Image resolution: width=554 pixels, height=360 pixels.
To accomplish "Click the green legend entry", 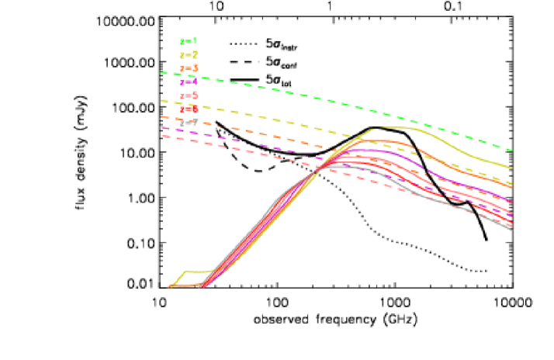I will tap(188, 42).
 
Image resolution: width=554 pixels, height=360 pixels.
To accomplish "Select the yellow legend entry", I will tap(188, 55).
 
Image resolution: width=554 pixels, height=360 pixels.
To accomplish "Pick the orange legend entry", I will tap(188, 68).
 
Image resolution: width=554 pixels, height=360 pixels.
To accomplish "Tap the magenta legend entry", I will tap(188, 81).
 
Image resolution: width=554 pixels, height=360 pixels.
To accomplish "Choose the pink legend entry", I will tap(188, 95).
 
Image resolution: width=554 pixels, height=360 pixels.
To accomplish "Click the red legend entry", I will tap(188, 109).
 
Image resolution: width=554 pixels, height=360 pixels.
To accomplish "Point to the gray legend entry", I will tap(188, 122).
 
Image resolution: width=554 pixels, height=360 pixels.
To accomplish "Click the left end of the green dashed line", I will tap(162, 72).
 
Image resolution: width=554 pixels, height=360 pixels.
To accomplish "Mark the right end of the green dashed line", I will tap(511, 149).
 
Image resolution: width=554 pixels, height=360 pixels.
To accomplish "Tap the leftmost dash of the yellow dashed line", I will tap(164, 101).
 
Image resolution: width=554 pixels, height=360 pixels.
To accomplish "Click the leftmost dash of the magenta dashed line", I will tap(165, 128).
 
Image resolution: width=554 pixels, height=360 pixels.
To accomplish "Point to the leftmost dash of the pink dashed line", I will tap(165, 136).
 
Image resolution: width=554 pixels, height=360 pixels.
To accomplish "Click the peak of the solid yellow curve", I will tap(388, 126).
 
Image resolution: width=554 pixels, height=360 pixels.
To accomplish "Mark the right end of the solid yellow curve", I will tap(511, 167).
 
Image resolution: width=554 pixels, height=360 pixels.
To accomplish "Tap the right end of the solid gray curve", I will tap(511, 230).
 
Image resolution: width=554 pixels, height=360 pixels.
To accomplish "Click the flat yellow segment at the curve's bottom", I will tap(199, 272).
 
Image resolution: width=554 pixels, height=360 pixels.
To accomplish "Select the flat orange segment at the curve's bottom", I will tap(185, 286).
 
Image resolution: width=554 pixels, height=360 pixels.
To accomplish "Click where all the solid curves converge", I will tap(318, 168).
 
